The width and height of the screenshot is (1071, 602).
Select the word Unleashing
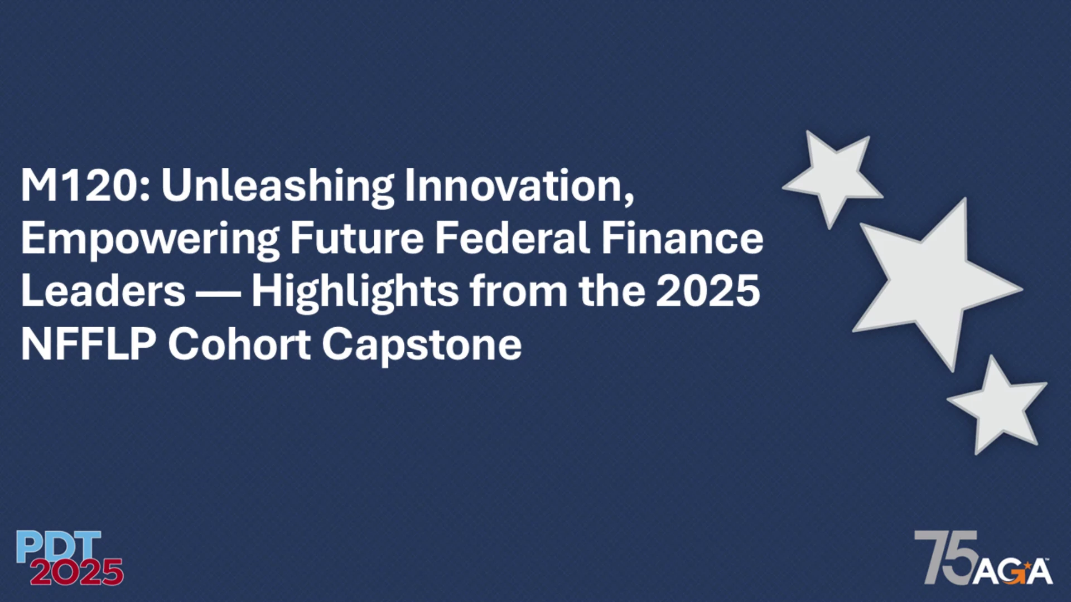point(278,186)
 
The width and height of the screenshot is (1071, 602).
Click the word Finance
point(682,237)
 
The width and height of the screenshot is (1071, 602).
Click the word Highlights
point(355,292)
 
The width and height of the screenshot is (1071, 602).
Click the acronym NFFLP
point(89,344)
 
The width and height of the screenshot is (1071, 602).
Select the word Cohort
point(239,344)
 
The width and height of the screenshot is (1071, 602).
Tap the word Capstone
point(422,346)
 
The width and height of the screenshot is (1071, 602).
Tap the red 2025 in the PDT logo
point(76,572)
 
